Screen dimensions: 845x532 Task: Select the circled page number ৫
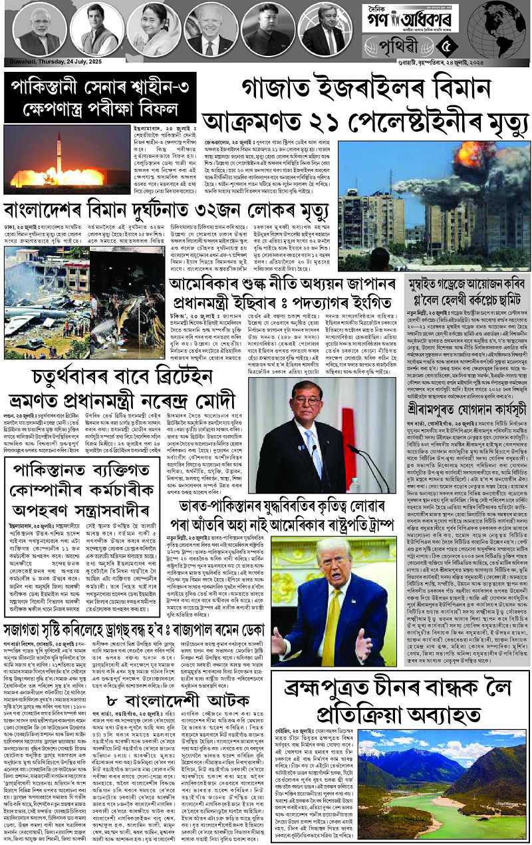(447, 47)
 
